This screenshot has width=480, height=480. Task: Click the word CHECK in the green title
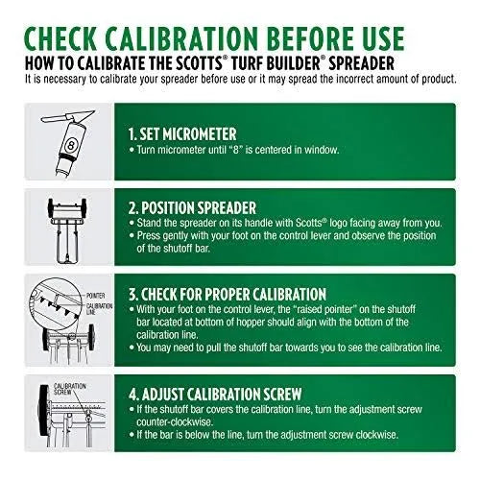pyautogui.click(x=60, y=39)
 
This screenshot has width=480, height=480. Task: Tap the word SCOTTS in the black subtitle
pyautogui.click(x=199, y=63)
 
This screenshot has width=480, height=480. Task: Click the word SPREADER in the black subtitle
pyautogui.click(x=361, y=63)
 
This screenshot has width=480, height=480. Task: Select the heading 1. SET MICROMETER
pyautogui.click(x=182, y=134)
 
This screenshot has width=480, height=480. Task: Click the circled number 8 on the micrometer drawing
pyautogui.click(x=71, y=146)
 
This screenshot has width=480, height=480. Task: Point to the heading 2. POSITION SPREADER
pyautogui.click(x=192, y=208)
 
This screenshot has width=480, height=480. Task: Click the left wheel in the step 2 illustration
pyautogui.click(x=50, y=207)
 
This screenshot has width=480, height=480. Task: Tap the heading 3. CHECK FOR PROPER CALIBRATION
pyautogui.click(x=228, y=295)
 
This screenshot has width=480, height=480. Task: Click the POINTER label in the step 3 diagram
pyautogui.click(x=95, y=296)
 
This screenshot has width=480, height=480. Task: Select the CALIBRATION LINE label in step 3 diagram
pyautogui.click(x=99, y=309)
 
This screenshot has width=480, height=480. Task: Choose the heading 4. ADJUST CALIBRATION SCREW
pyautogui.click(x=215, y=395)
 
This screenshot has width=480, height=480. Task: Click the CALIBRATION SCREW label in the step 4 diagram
pyautogui.click(x=69, y=389)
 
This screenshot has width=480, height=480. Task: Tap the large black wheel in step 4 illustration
pyautogui.click(x=43, y=411)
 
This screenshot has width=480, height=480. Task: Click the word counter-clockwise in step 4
pyautogui.click(x=175, y=422)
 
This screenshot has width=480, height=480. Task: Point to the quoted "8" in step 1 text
pyautogui.click(x=236, y=150)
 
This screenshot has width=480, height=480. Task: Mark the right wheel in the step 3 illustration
pyautogui.click(x=91, y=338)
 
